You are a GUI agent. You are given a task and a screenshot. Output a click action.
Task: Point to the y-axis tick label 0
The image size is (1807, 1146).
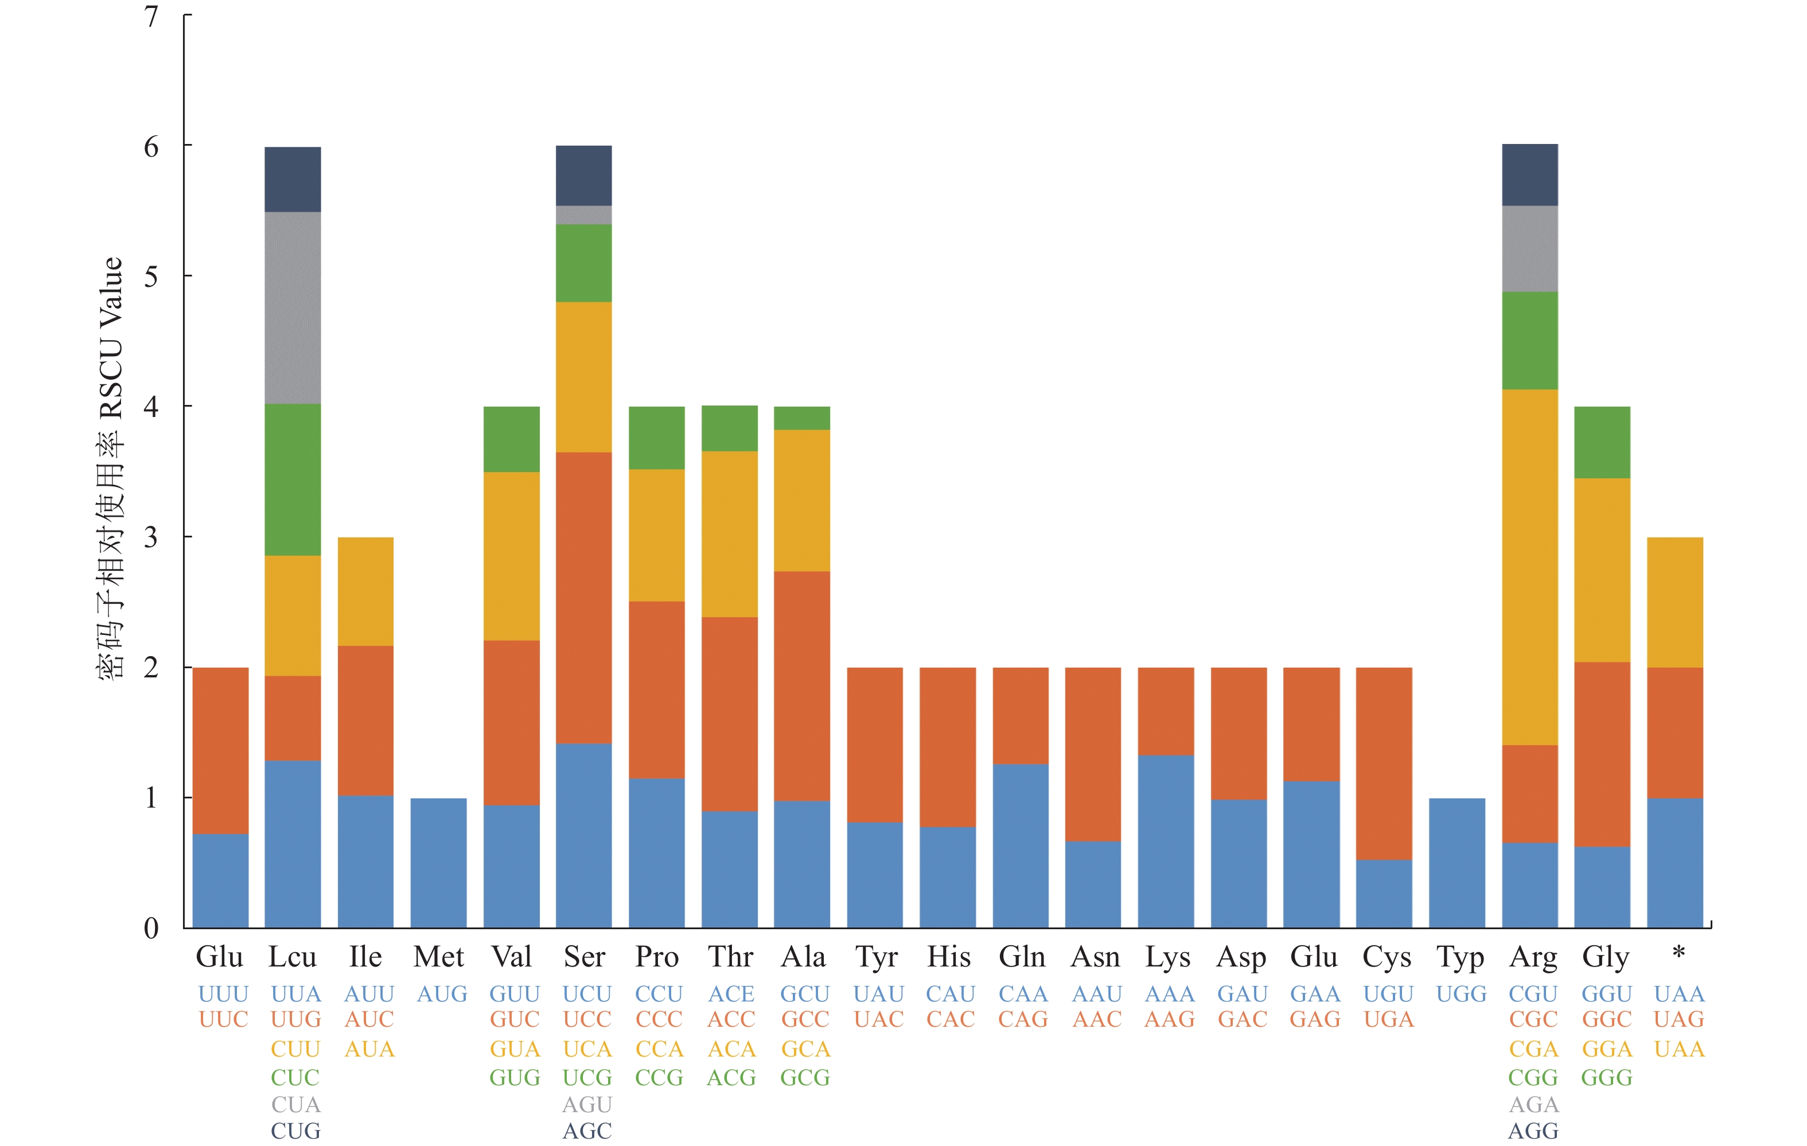click(x=151, y=929)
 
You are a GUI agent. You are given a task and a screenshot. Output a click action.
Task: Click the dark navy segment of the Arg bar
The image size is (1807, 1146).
click(x=1529, y=174)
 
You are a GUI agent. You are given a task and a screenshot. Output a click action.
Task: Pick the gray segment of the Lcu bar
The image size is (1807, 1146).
click(x=293, y=307)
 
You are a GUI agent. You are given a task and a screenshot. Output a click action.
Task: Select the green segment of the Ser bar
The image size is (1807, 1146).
click(x=584, y=263)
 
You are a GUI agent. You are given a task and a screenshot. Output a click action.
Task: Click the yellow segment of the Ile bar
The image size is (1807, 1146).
click(x=365, y=591)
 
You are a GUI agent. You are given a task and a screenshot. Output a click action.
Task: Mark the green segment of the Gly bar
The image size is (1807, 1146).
click(x=1602, y=442)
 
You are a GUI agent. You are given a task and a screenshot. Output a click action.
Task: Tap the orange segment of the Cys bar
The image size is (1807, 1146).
click(x=1384, y=763)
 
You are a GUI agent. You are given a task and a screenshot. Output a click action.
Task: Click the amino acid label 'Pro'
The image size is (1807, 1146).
click(x=657, y=957)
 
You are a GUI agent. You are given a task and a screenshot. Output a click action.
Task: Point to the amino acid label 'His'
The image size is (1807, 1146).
click(x=948, y=957)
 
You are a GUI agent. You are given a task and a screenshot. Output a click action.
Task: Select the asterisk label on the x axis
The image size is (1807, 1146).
click(x=1679, y=954)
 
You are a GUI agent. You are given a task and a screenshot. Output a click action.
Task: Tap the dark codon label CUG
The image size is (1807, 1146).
click(x=295, y=1131)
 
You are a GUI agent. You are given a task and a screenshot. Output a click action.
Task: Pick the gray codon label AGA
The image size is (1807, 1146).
click(x=1533, y=1104)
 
